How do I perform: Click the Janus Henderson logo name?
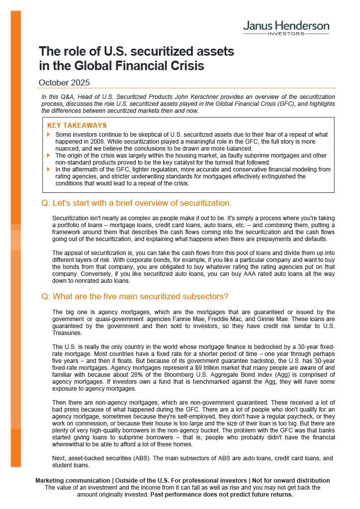286,25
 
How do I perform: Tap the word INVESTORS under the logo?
286,34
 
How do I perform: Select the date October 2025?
64,83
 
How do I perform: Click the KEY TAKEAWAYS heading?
77,126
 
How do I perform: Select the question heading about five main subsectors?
135,297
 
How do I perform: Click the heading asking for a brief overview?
137,203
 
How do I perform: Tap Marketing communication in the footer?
73,481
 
